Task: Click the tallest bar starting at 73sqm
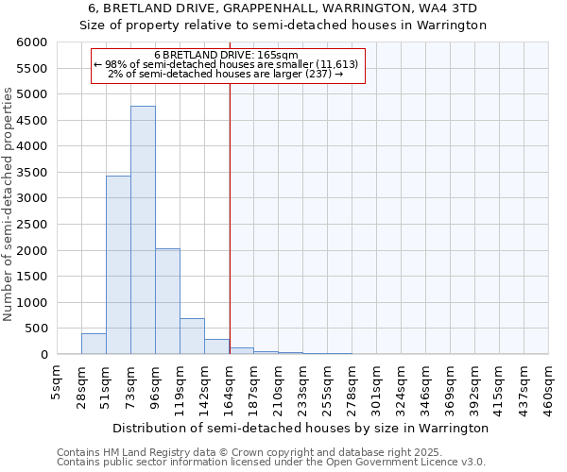143,230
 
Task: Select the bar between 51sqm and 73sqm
118,265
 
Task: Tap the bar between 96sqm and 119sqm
167,301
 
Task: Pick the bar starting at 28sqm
94,344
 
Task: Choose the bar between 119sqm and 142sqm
192,336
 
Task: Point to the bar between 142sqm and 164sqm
216,346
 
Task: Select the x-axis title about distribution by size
300,428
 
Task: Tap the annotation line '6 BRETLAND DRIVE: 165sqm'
226,56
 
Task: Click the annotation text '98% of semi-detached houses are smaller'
226,64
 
